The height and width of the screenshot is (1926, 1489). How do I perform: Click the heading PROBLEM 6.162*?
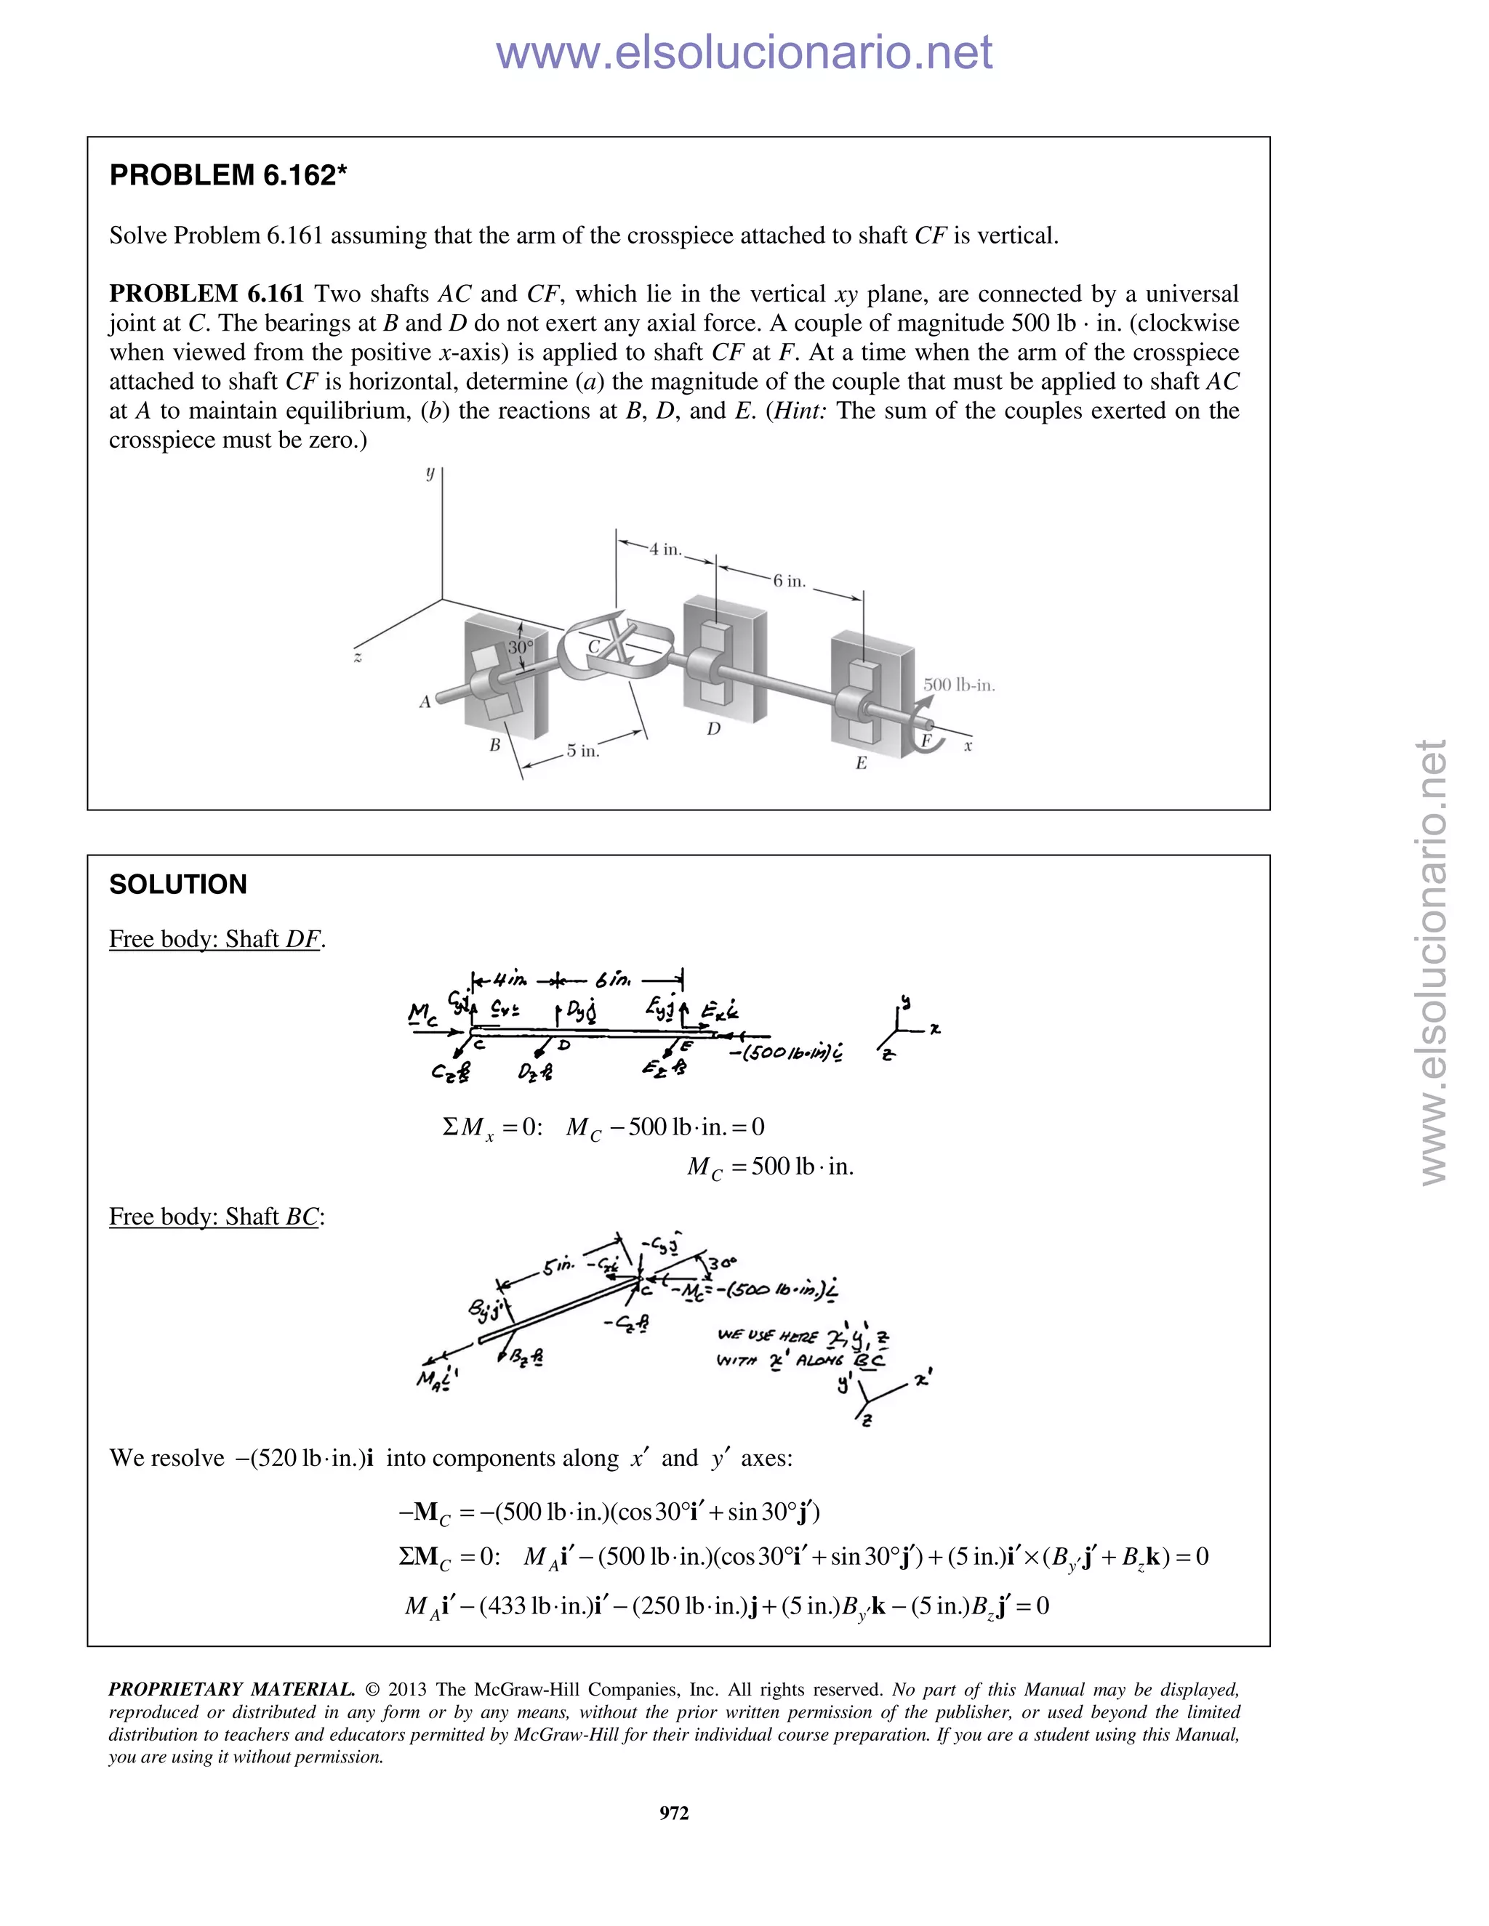click(228, 175)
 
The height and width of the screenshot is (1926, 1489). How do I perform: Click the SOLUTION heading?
click(177, 885)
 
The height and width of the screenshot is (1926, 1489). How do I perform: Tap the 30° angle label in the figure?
click(521, 648)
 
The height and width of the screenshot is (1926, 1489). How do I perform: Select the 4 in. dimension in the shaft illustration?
click(665, 549)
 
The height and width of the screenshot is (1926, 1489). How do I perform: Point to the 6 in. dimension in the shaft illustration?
click(790, 581)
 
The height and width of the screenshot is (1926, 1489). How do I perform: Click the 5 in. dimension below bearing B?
click(582, 752)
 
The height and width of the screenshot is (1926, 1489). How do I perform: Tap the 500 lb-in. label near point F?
click(959, 685)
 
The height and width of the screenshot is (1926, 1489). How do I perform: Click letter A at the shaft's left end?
click(425, 702)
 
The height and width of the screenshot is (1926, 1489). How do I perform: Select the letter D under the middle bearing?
click(714, 728)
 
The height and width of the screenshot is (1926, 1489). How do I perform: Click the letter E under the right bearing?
click(861, 764)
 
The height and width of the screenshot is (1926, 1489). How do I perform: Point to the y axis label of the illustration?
click(430, 474)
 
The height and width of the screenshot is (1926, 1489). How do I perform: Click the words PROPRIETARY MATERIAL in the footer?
click(231, 1690)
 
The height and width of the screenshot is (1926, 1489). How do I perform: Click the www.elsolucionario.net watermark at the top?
click(744, 53)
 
